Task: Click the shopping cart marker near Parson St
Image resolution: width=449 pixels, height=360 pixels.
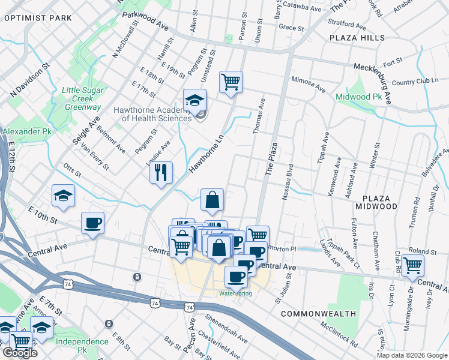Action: click(231, 81)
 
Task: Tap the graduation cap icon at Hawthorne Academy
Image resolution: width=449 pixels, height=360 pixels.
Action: click(194, 100)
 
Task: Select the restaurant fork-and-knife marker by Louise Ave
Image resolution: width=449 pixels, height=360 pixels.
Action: click(161, 173)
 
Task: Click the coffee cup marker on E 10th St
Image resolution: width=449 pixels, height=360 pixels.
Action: click(93, 223)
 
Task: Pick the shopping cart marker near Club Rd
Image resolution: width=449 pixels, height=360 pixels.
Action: click(412, 265)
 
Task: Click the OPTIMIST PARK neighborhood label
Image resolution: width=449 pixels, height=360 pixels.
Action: click(38, 18)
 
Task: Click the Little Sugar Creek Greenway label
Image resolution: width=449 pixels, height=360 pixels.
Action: click(82, 98)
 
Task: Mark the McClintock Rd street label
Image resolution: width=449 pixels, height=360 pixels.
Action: click(339, 337)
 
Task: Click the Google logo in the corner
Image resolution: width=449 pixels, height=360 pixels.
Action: click(20, 353)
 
